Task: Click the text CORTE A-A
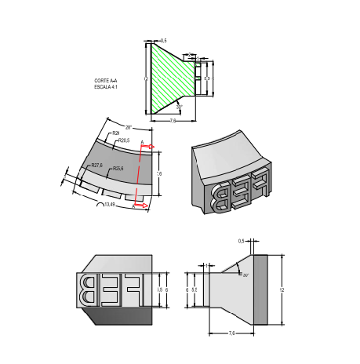pyautogui.click(x=105, y=81)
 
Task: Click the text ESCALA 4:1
pyautogui.click(x=105, y=86)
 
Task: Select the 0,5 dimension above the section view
pyautogui.click(x=162, y=40)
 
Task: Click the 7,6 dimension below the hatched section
pyautogui.click(x=173, y=122)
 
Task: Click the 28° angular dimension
pyautogui.click(x=129, y=126)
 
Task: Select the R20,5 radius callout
pyautogui.click(x=122, y=140)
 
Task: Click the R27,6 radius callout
pyautogui.click(x=96, y=166)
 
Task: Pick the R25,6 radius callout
pyautogui.click(x=118, y=169)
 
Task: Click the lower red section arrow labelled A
pyautogui.click(x=141, y=206)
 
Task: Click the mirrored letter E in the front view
pyautogui.click(x=110, y=289)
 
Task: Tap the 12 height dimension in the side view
pyautogui.click(x=282, y=289)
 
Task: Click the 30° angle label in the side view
pyautogui.click(x=245, y=276)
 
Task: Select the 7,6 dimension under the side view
pyautogui.click(x=232, y=333)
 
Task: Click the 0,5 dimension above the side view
pyautogui.click(x=241, y=241)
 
